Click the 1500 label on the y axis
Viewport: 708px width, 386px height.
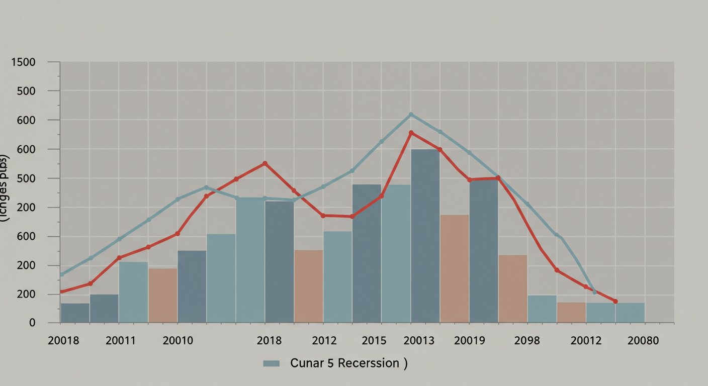pos(24,63)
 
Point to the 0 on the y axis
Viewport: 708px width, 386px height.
pos(32,323)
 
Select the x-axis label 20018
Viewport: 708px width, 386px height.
pos(63,341)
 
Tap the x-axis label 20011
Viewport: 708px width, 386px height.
pos(121,341)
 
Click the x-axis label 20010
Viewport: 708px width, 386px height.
pos(178,341)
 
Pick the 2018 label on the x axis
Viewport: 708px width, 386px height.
pos(269,341)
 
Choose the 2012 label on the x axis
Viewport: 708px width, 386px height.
pos(324,341)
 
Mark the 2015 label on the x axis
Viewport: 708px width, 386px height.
pos(374,341)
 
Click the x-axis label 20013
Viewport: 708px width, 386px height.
pos(419,341)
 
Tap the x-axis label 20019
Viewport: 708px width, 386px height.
pos(469,341)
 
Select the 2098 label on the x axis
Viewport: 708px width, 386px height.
pos(527,341)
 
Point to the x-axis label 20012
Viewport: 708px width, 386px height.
pos(586,341)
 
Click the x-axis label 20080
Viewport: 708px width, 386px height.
pos(643,341)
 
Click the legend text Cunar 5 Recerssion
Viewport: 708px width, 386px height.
pos(345,363)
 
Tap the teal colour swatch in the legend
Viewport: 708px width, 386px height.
pos(271,363)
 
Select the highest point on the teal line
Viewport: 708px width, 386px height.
pos(411,115)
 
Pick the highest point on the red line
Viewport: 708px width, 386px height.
pos(411,133)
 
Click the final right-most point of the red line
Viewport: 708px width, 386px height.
pos(615,301)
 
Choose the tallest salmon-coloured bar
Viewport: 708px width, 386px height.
pos(455,269)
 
